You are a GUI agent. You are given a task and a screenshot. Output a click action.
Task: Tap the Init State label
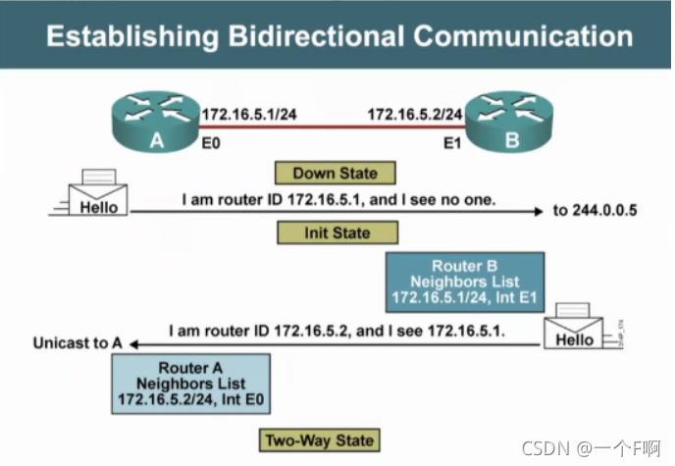point(337,233)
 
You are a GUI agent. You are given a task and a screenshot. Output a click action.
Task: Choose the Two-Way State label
point(320,440)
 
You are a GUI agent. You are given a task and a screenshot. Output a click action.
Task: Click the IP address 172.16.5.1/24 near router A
point(249,115)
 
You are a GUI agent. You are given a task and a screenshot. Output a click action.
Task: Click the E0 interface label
point(212,145)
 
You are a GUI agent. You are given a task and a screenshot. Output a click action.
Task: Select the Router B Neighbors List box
point(465,281)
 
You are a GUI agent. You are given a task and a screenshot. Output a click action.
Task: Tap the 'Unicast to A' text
point(78,343)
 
